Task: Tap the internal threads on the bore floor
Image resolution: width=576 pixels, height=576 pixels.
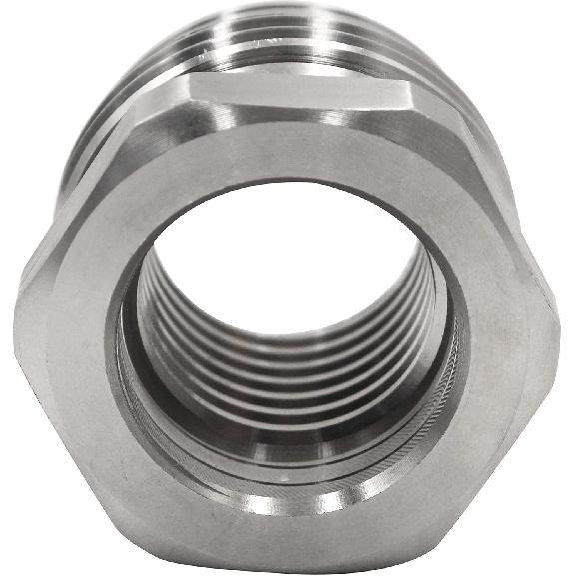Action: click(289, 399)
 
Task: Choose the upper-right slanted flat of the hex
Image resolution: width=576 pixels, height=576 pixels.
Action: click(479, 170)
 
